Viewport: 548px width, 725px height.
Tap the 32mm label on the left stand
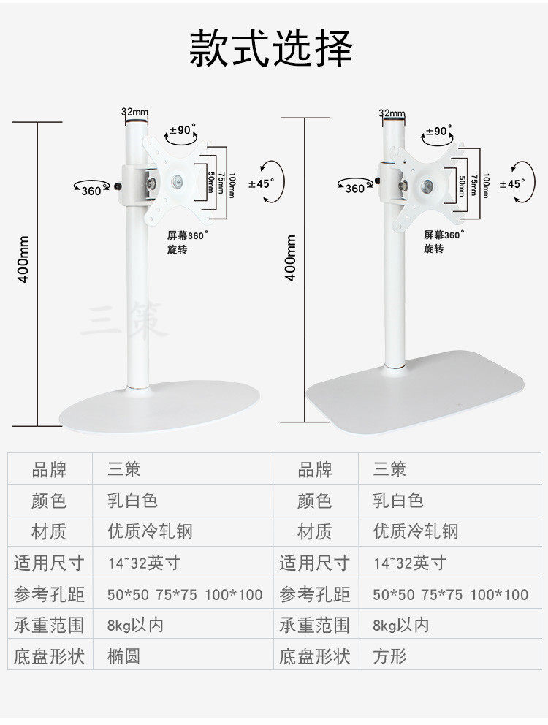(134, 113)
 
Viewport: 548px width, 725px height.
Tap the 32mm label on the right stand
(392, 113)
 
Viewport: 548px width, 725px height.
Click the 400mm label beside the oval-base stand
(23, 259)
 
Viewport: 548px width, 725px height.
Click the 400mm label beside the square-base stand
(292, 258)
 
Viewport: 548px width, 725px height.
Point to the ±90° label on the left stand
(183, 130)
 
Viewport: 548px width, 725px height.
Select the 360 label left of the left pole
(91, 191)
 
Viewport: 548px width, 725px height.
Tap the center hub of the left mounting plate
(175, 182)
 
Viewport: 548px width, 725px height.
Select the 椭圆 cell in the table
(123, 656)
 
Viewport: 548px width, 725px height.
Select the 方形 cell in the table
(389, 656)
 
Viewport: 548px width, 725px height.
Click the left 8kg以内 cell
(135, 625)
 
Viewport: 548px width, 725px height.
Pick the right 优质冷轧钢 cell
(416, 531)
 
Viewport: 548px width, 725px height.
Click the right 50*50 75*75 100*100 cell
(450, 594)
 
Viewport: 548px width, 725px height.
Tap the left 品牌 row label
(49, 469)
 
